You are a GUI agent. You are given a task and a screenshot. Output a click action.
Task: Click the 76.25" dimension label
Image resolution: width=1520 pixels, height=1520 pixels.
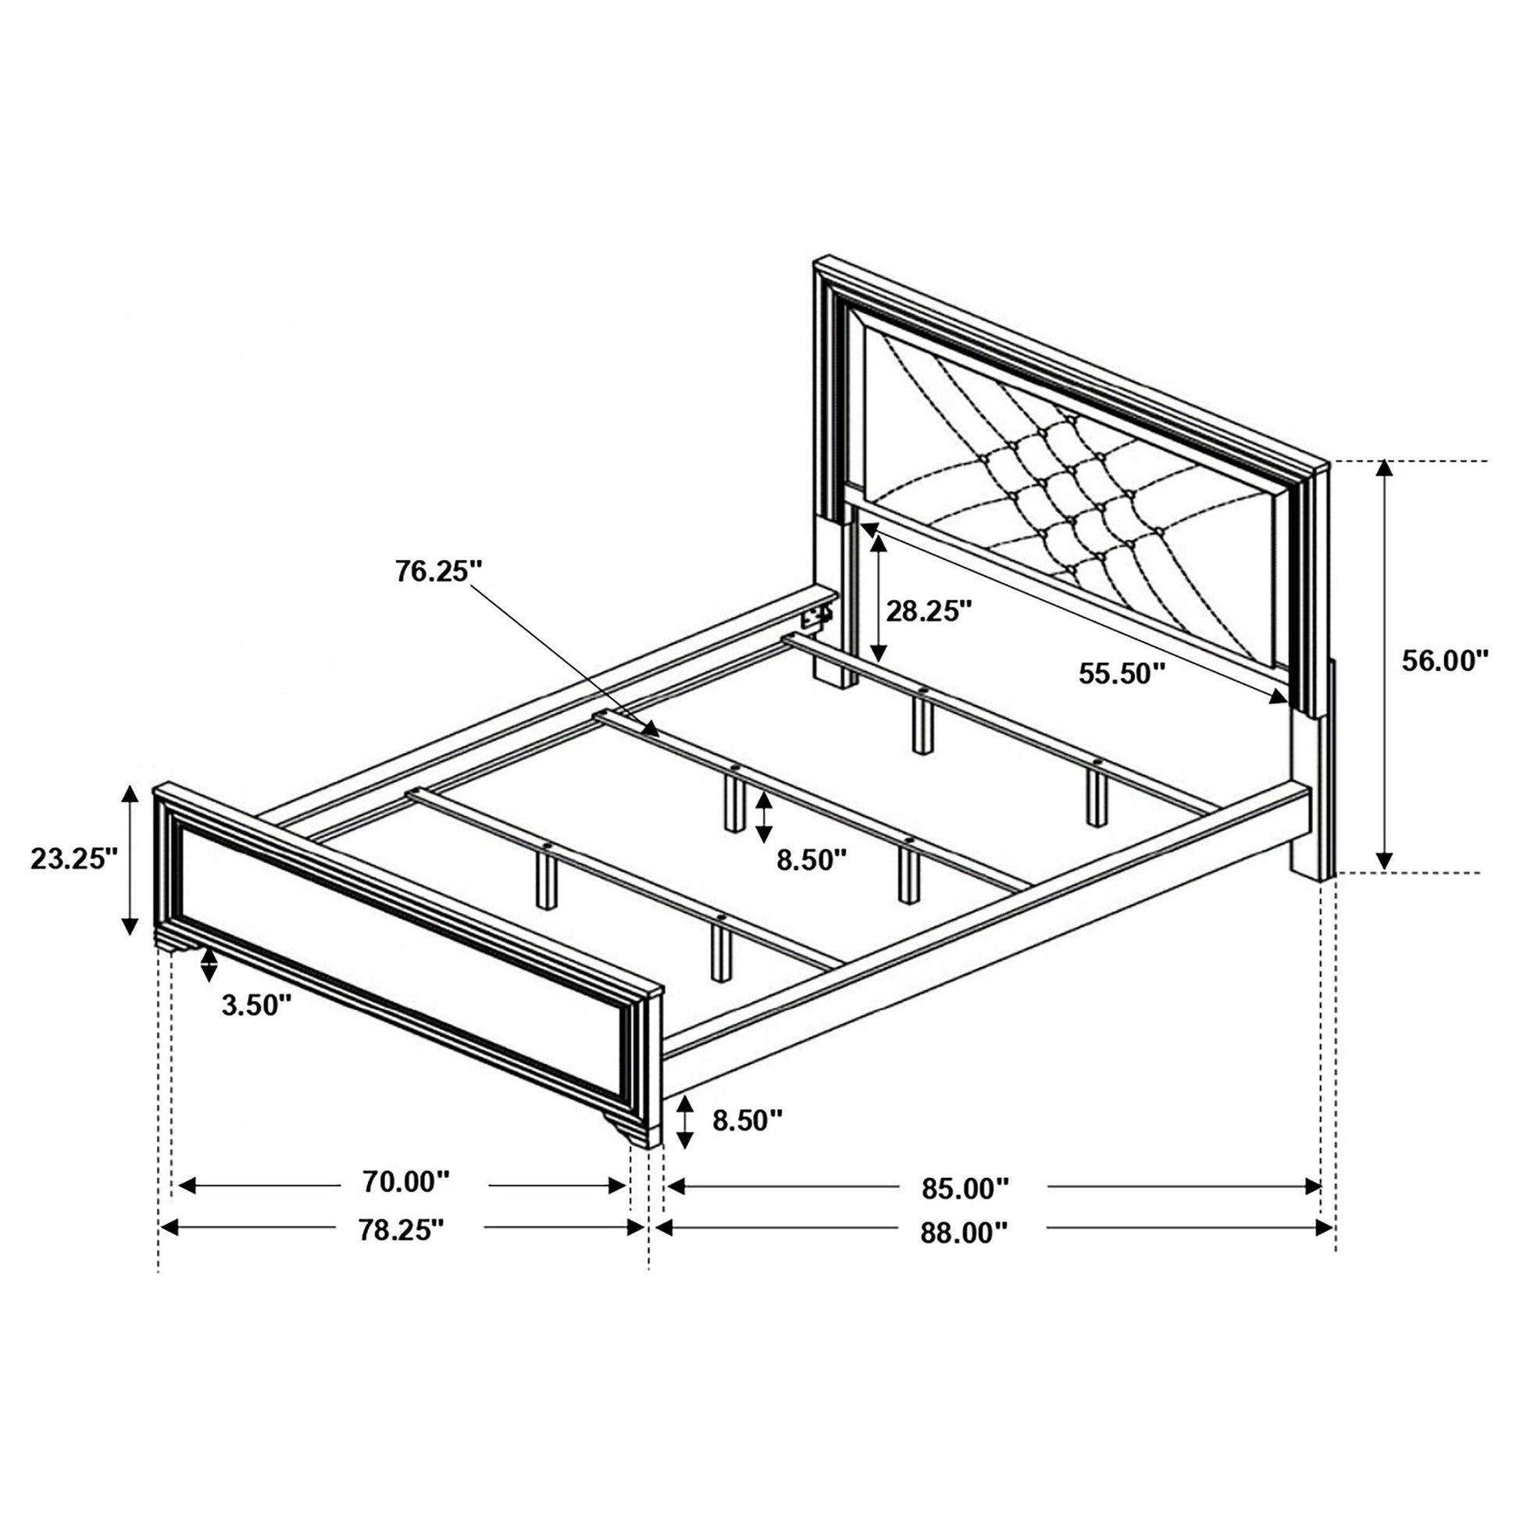click(438, 572)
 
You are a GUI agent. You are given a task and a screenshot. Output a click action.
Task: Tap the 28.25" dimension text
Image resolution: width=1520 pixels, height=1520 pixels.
click(929, 611)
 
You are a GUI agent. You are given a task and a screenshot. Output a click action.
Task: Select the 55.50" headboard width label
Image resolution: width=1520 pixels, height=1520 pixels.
click(1121, 673)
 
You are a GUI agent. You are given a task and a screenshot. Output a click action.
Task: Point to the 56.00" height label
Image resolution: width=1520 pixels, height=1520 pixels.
click(1446, 661)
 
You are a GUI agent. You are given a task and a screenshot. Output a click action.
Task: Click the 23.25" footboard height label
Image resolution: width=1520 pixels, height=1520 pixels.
click(74, 858)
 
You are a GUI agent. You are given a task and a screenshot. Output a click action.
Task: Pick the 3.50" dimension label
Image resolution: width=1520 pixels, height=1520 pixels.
click(256, 1005)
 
